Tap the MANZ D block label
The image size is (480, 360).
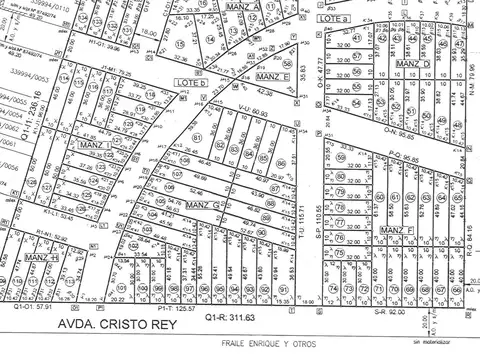[412, 64]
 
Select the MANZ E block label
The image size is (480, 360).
[271, 77]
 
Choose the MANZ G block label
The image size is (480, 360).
[201, 206]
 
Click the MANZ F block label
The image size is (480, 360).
[396, 231]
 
